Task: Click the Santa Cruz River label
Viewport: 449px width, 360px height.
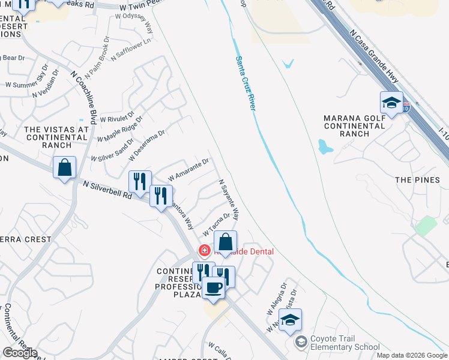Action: tap(246, 82)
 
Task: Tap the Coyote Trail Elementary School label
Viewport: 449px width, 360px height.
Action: tap(345, 343)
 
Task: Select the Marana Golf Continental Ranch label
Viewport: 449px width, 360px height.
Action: tap(354, 125)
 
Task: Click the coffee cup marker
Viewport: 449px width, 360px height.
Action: tap(213, 288)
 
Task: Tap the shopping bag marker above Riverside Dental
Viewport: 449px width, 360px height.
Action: tap(225, 242)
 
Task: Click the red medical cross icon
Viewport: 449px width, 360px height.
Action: tap(205, 251)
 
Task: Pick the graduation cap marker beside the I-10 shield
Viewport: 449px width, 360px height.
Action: tap(391, 103)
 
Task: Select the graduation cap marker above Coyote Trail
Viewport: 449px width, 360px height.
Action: tap(290, 320)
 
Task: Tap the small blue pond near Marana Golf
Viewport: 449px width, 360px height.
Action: tap(324, 146)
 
